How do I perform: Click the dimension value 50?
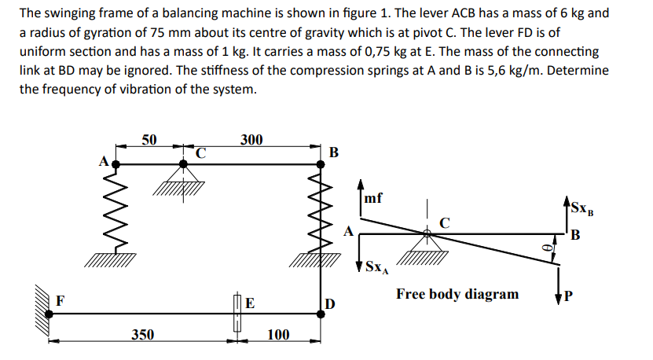149,140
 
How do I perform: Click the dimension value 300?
251,140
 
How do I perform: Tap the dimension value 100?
278,335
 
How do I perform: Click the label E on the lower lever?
249,302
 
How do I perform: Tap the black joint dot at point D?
321,313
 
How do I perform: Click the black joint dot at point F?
50,313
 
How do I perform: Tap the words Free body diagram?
457,294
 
